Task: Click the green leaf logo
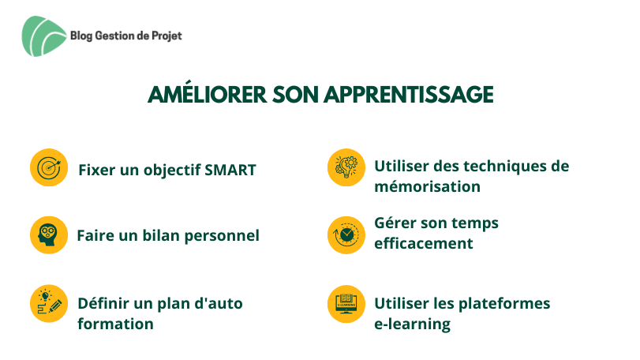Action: coord(44,36)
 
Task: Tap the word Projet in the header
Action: coord(167,36)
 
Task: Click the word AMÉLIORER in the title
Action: coord(208,94)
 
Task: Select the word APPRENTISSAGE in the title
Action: coord(409,95)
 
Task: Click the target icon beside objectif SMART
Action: coord(49,167)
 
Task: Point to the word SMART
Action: coord(230,170)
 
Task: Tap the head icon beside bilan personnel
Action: coord(49,235)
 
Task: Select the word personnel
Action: coord(222,236)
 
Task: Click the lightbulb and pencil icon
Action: coord(49,303)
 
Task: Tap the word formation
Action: coord(115,324)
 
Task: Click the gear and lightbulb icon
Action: coord(346,167)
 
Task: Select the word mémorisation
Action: coord(428,186)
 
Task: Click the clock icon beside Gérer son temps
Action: coord(346,235)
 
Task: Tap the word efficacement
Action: coord(424,243)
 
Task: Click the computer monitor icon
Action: coord(346,304)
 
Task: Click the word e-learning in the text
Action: coord(412,324)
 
